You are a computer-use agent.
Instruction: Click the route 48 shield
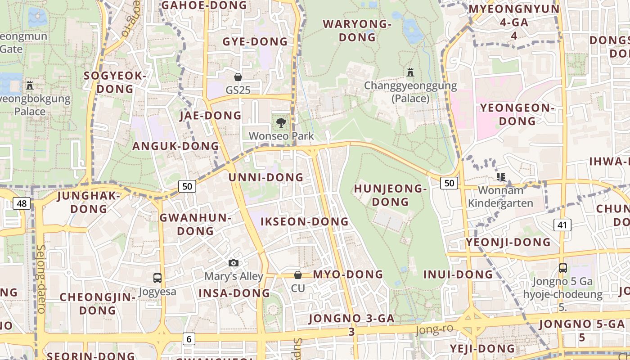pyautogui.click(x=22, y=204)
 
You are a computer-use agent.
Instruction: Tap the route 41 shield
pyautogui.click(x=562, y=225)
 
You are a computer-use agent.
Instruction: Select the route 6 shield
pyautogui.click(x=189, y=339)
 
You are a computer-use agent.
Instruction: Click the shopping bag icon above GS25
pyautogui.click(x=238, y=77)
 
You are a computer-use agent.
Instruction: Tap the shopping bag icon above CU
pyautogui.click(x=297, y=275)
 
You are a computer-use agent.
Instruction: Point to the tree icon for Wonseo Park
pyautogui.click(x=281, y=122)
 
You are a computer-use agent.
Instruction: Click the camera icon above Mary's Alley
pyautogui.click(x=233, y=263)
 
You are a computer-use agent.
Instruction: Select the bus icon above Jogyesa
pyautogui.click(x=157, y=278)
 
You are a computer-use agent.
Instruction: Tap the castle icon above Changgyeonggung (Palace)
pyautogui.click(x=410, y=72)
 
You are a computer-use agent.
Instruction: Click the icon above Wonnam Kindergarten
pyautogui.click(x=500, y=177)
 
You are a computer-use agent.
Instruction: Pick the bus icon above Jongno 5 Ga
pyautogui.click(x=562, y=268)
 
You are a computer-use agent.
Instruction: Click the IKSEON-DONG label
pyautogui.click(x=305, y=221)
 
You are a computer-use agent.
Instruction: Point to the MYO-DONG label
pyautogui.click(x=348, y=274)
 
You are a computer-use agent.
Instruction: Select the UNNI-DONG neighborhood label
pyautogui.click(x=266, y=177)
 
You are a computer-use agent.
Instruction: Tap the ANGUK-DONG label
pyautogui.click(x=175, y=146)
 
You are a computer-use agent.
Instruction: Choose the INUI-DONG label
pyautogui.click(x=458, y=274)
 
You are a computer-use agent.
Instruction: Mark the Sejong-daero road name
pyautogui.click(x=40, y=279)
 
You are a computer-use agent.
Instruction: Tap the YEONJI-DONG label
pyautogui.click(x=508, y=242)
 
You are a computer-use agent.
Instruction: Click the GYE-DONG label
pyautogui.click(x=255, y=42)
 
